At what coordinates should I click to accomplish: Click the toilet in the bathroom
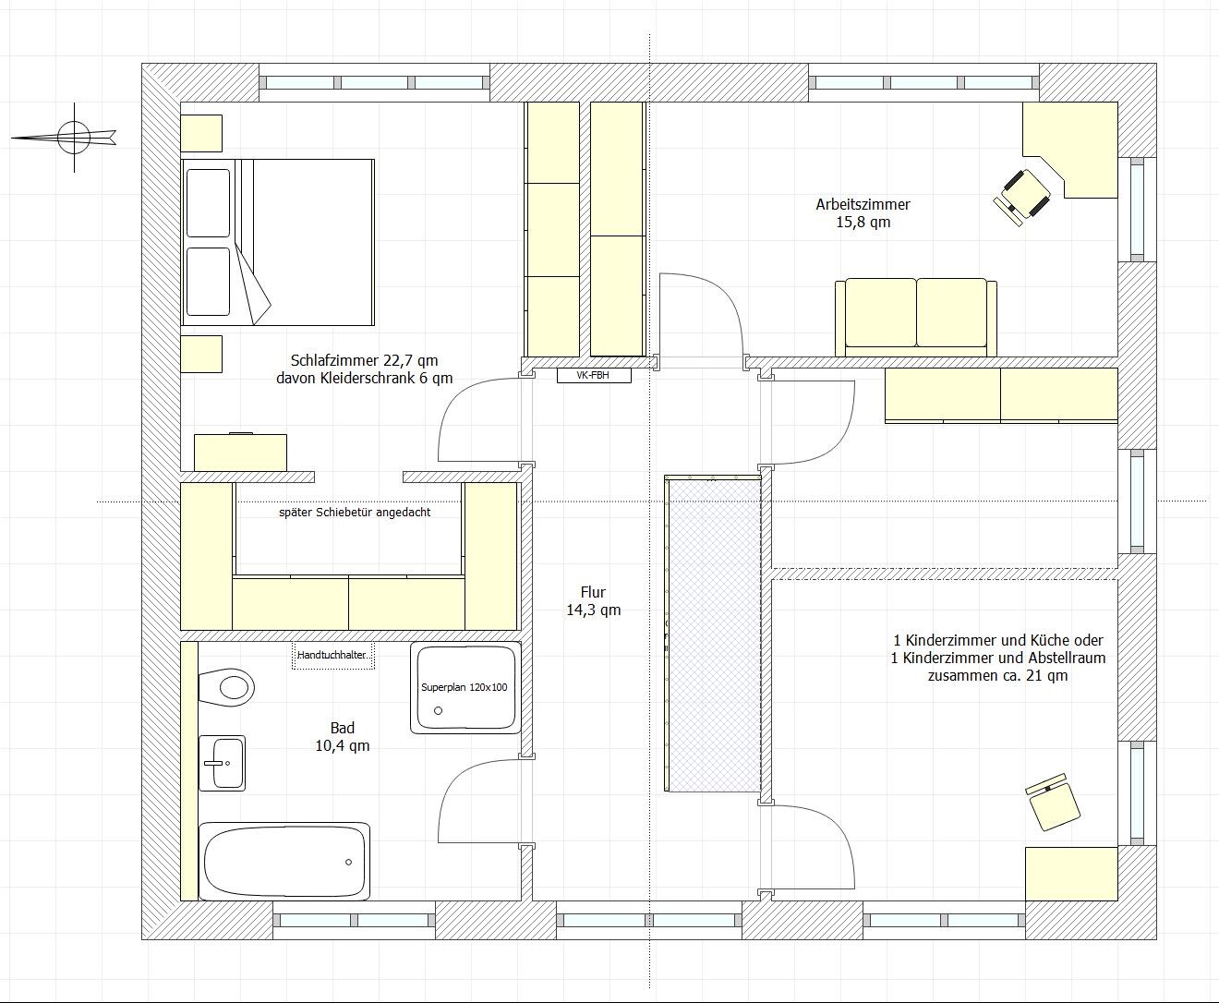click(x=226, y=687)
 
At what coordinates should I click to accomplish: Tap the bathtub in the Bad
click(x=284, y=862)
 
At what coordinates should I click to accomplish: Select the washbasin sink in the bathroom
click(x=222, y=763)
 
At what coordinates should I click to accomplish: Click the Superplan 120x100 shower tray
click(x=465, y=687)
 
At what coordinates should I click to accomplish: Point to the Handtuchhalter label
click(x=333, y=655)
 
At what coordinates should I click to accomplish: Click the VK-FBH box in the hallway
click(x=594, y=375)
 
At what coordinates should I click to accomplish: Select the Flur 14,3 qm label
click(x=594, y=600)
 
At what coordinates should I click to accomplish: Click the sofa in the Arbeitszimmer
click(x=916, y=317)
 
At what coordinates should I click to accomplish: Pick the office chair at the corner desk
click(x=1022, y=197)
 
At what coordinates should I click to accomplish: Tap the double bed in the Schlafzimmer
click(x=277, y=242)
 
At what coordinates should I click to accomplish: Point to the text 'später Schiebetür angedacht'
click(x=355, y=513)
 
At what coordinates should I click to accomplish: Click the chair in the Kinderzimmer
click(x=1053, y=803)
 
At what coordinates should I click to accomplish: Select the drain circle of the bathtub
click(x=348, y=862)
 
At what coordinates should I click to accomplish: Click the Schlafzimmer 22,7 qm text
click(x=364, y=360)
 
